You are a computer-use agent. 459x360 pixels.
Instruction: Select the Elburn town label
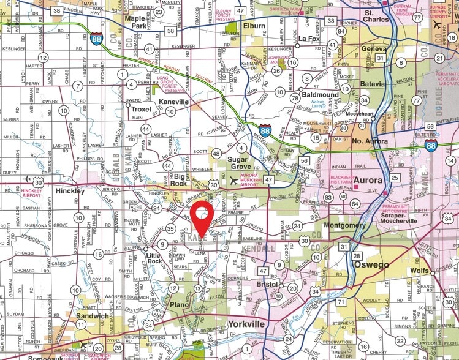[x=253, y=26]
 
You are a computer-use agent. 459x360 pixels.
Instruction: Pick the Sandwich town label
[x=92, y=316]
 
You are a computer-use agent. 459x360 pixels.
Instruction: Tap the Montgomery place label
[x=344, y=225]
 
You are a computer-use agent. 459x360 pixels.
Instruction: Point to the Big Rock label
[x=179, y=179]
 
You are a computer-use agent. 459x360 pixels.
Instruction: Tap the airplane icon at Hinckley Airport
[x=28, y=179]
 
